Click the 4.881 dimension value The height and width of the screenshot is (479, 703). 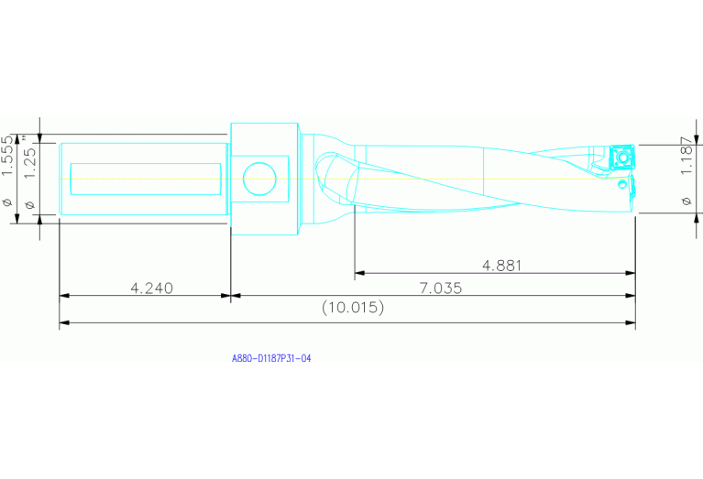click(x=501, y=266)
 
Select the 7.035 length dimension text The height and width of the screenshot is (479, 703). click(x=440, y=288)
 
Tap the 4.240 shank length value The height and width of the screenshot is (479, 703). click(x=151, y=288)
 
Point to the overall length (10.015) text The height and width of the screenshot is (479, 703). click(x=353, y=309)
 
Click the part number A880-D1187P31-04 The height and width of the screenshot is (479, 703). click(x=271, y=360)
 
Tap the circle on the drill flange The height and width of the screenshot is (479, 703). click(x=259, y=178)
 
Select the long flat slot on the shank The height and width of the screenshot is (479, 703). click(x=146, y=179)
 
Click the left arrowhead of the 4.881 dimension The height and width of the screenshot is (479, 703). click(x=359, y=273)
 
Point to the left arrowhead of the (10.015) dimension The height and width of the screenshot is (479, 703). click(x=64, y=323)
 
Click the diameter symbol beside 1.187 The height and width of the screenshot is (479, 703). click(x=687, y=200)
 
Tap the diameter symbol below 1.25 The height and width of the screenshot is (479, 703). click(x=28, y=203)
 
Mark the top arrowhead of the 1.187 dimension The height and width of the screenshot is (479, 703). click(x=698, y=140)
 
